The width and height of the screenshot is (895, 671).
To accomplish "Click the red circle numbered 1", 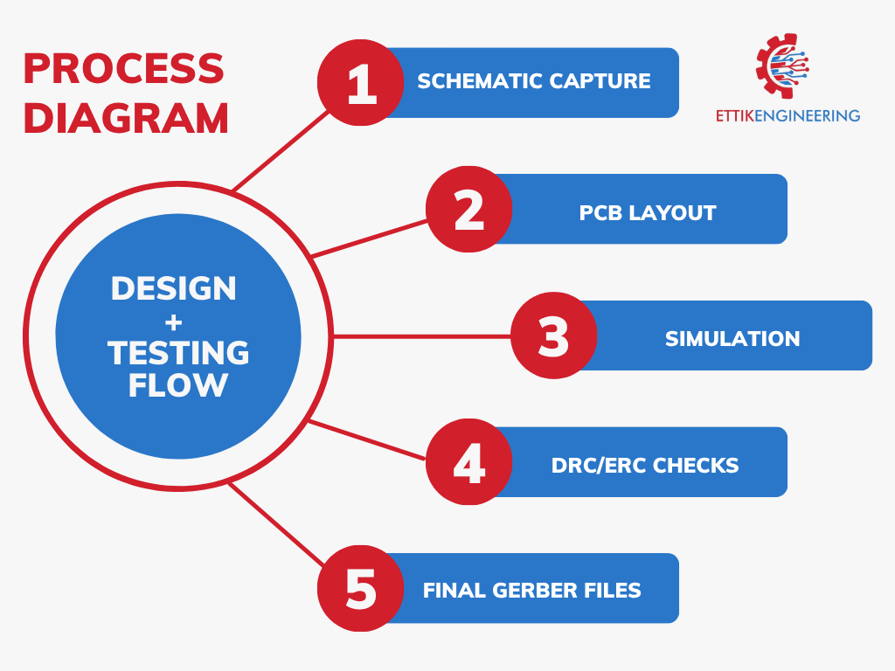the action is (x=361, y=83).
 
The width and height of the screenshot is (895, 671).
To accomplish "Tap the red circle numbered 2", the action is (x=469, y=210).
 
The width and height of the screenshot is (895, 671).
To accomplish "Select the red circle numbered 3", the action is (x=553, y=335).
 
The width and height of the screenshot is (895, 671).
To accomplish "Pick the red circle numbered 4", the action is (x=469, y=461).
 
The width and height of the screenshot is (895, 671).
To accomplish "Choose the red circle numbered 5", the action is (x=361, y=588).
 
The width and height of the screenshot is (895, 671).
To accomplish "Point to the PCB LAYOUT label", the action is (x=648, y=213).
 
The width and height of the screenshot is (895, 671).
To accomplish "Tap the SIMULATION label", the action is (x=732, y=339).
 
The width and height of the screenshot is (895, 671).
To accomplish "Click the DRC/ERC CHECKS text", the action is (x=645, y=466).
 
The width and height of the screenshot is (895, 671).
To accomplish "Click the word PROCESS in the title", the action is (x=124, y=68).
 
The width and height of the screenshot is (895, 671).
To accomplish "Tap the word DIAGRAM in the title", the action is (x=126, y=118).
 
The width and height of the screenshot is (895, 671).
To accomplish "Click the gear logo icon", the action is (x=782, y=66).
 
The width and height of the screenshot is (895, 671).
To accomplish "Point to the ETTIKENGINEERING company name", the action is (x=787, y=116).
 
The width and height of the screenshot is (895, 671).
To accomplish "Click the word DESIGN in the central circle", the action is (x=174, y=288).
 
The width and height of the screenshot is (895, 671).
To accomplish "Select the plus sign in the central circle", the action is (x=174, y=323).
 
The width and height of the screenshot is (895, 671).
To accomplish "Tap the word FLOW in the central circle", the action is (x=178, y=385).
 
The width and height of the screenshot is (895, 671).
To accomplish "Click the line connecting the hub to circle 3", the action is (x=422, y=336).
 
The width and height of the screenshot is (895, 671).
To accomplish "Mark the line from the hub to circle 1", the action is (x=281, y=150).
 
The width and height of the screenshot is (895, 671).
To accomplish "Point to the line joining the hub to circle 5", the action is (x=277, y=524).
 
